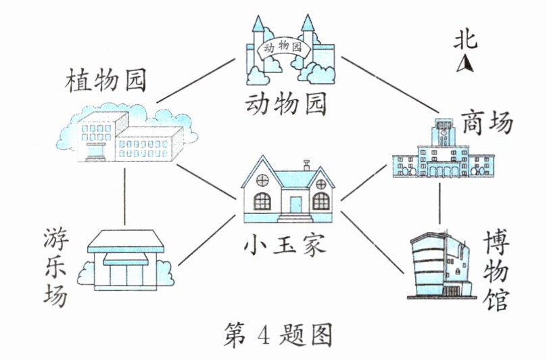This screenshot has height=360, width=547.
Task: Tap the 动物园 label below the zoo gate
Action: coord(286,104)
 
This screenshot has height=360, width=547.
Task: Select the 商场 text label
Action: coord(487,124)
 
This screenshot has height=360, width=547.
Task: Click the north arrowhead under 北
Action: coord(465,65)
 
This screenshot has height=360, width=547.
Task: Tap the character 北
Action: coord(465,41)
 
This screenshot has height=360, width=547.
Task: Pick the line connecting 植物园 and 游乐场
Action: coord(125,196)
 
